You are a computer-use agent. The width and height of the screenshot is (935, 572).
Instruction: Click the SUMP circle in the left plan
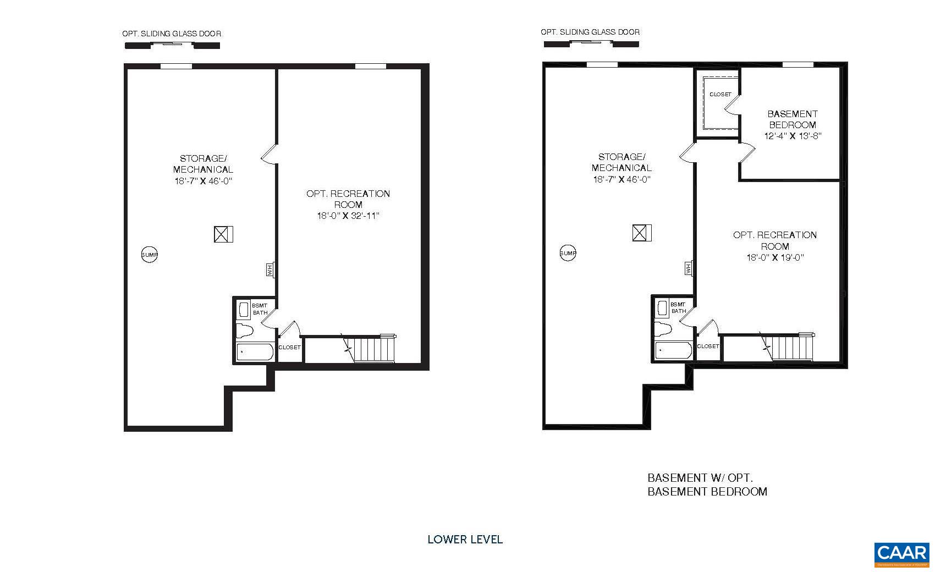coord(150,255)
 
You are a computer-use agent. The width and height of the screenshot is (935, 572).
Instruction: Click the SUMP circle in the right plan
coord(568,253)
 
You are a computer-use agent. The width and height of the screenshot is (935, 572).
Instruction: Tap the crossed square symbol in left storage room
coord(223,234)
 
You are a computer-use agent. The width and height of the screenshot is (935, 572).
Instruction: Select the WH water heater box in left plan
coord(269,269)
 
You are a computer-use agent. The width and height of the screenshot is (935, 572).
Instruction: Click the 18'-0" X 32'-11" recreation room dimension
coord(348,216)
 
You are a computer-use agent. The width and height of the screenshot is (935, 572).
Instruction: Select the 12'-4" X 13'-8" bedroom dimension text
coord(792,136)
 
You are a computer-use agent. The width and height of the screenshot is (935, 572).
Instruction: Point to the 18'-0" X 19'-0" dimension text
coord(775,257)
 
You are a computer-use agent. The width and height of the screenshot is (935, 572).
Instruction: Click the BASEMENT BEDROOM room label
coord(792,119)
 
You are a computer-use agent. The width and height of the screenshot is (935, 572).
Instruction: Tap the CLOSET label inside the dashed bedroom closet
coord(720,95)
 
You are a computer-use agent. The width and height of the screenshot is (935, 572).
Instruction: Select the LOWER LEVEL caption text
coord(465,540)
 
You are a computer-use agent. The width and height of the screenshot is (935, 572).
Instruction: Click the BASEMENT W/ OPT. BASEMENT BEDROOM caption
coord(707,485)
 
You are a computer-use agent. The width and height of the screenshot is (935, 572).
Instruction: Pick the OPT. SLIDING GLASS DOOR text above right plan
coord(590,32)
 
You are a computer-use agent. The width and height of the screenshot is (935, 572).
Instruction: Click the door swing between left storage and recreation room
coord(268,155)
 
